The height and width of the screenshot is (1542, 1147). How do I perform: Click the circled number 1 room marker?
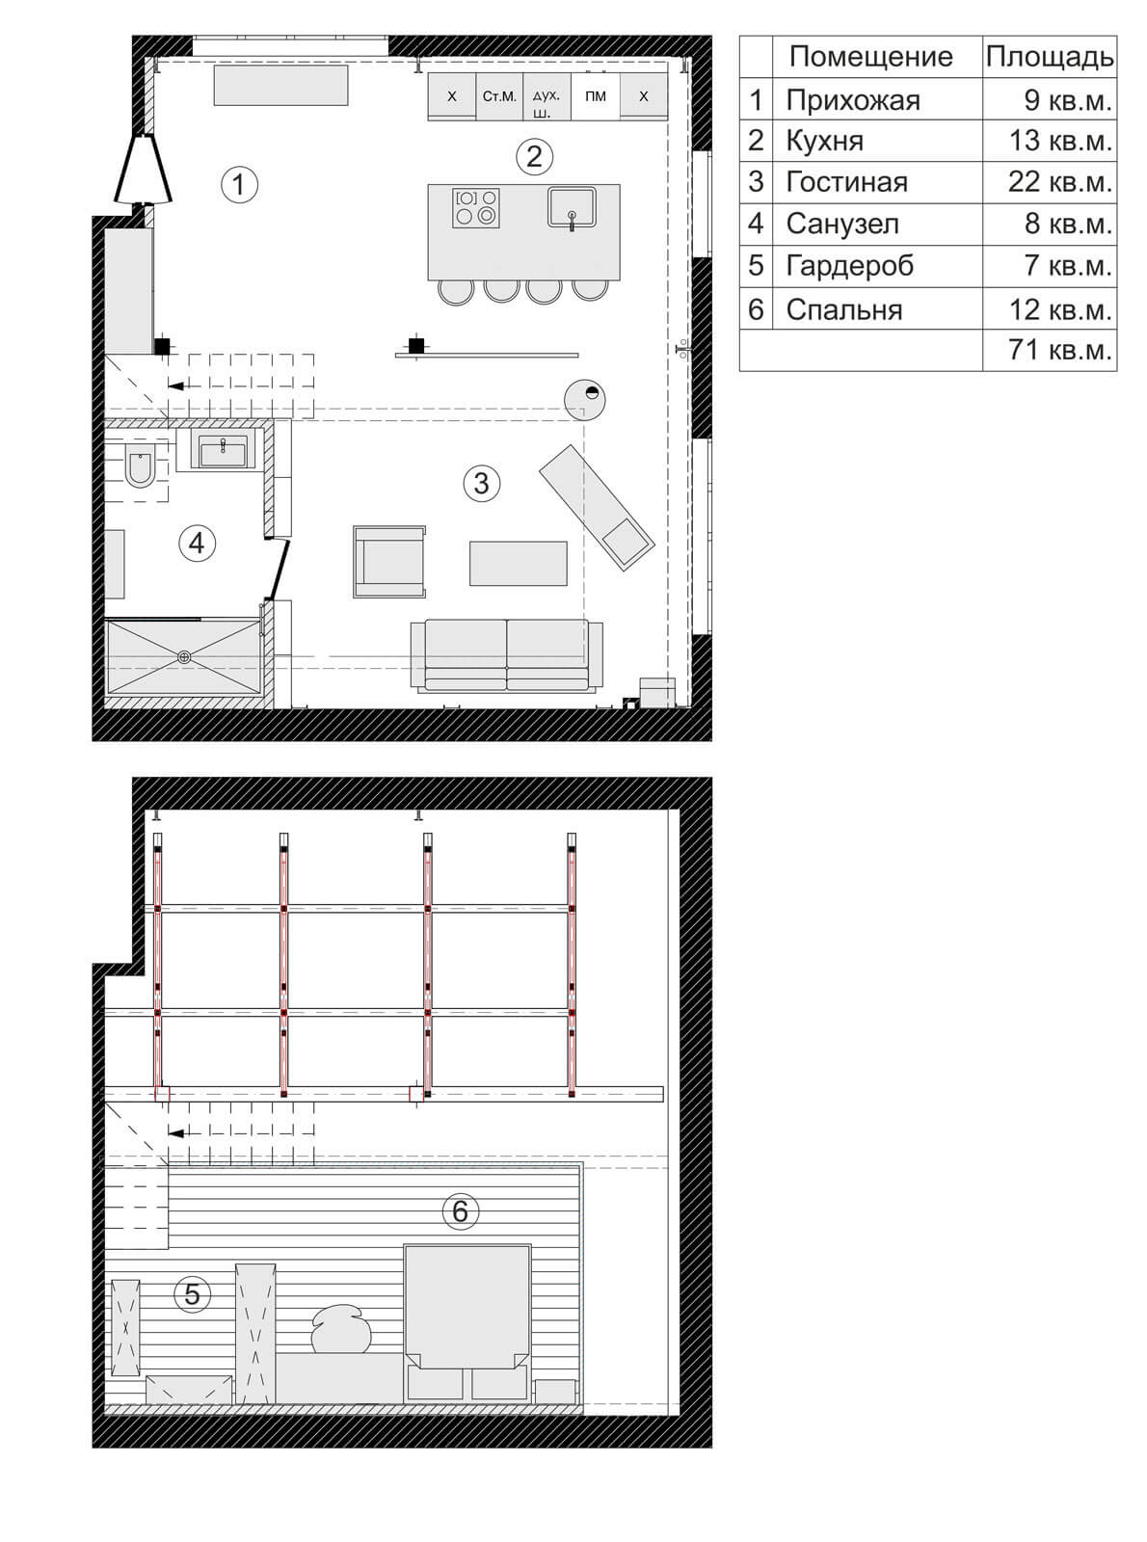pyautogui.click(x=239, y=185)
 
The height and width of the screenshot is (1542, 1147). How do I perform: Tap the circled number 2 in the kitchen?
pyautogui.click(x=534, y=156)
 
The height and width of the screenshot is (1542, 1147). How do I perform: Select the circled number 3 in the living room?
pyautogui.click(x=481, y=483)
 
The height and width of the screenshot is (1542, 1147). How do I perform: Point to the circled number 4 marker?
pyautogui.click(x=197, y=543)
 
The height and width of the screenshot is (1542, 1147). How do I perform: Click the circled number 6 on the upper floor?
pyautogui.click(x=461, y=1211)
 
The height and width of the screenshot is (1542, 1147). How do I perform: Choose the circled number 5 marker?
pyautogui.click(x=192, y=1293)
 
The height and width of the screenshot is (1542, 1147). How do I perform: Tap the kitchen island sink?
pyautogui.click(x=572, y=207)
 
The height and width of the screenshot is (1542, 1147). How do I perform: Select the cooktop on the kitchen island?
pyautogui.click(x=476, y=207)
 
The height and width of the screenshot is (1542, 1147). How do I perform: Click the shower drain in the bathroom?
pyautogui.click(x=184, y=656)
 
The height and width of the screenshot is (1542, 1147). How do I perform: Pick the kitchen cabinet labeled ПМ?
pyautogui.click(x=596, y=96)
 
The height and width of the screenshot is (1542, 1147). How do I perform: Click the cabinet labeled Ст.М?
pyautogui.click(x=499, y=96)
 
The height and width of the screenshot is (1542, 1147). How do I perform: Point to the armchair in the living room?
pyautogui.click(x=388, y=562)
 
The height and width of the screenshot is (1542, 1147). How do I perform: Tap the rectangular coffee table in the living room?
pyautogui.click(x=519, y=564)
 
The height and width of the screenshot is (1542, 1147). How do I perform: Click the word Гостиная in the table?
pyautogui.click(x=846, y=182)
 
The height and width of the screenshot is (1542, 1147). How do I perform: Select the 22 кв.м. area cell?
pyautogui.click(x=1060, y=182)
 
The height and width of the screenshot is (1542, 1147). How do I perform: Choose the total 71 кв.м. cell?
pyautogui.click(x=1060, y=350)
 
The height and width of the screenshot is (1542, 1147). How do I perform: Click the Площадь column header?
pyautogui.click(x=1050, y=57)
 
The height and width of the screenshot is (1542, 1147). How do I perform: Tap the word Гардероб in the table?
pyautogui.click(x=849, y=266)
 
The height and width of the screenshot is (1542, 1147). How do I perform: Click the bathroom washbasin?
pyautogui.click(x=223, y=450)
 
